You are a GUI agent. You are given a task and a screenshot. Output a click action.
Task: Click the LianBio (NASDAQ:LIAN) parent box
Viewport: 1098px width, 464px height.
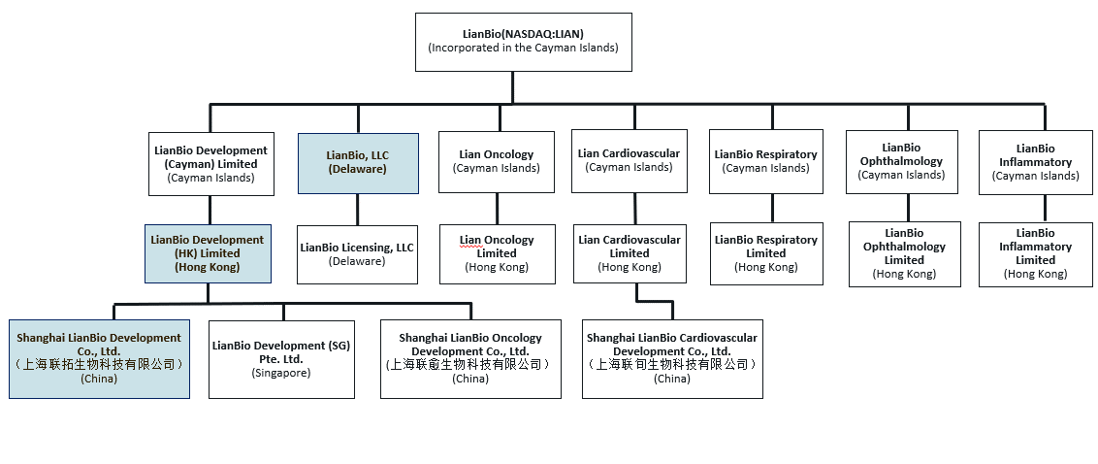523,42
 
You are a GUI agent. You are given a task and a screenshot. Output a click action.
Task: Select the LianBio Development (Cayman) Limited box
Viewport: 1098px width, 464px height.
210,164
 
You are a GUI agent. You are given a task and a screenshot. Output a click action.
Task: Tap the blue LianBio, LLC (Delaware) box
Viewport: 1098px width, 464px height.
358,162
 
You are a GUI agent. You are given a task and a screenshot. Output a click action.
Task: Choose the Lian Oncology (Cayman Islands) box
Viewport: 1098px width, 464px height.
497,162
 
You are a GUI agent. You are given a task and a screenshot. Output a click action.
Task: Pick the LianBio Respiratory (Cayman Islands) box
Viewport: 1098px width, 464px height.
765,161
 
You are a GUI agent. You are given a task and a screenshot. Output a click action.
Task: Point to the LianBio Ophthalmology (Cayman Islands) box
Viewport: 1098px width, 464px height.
902,161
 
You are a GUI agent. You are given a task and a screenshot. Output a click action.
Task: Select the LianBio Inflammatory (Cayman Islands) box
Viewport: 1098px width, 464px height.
1035,162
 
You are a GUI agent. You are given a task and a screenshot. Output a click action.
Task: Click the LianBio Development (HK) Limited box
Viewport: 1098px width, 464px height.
207,253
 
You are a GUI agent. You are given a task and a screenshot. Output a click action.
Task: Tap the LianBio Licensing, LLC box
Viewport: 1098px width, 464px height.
357,254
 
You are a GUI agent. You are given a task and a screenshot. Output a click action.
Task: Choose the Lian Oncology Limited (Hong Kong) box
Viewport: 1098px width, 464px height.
497,254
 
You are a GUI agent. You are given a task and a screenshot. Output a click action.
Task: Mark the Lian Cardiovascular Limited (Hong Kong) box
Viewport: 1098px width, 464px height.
629,253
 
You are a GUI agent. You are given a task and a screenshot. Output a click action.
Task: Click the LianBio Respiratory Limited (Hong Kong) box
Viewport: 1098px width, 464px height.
765,254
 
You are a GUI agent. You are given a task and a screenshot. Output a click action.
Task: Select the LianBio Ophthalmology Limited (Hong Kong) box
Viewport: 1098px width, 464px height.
904,254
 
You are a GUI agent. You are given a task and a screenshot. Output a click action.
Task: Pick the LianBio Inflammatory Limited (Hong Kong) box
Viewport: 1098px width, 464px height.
1035,254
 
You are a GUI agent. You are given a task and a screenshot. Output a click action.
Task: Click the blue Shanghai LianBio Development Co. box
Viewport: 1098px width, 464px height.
99,358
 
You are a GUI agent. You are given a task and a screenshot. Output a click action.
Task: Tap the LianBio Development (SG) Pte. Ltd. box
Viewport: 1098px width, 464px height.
281,359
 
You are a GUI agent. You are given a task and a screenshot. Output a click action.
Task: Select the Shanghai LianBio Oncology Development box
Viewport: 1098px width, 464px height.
470,359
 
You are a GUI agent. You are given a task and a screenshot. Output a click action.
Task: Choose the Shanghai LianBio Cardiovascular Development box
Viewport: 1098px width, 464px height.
671,359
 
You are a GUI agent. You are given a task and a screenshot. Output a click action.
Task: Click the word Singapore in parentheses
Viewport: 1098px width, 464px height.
281,373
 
